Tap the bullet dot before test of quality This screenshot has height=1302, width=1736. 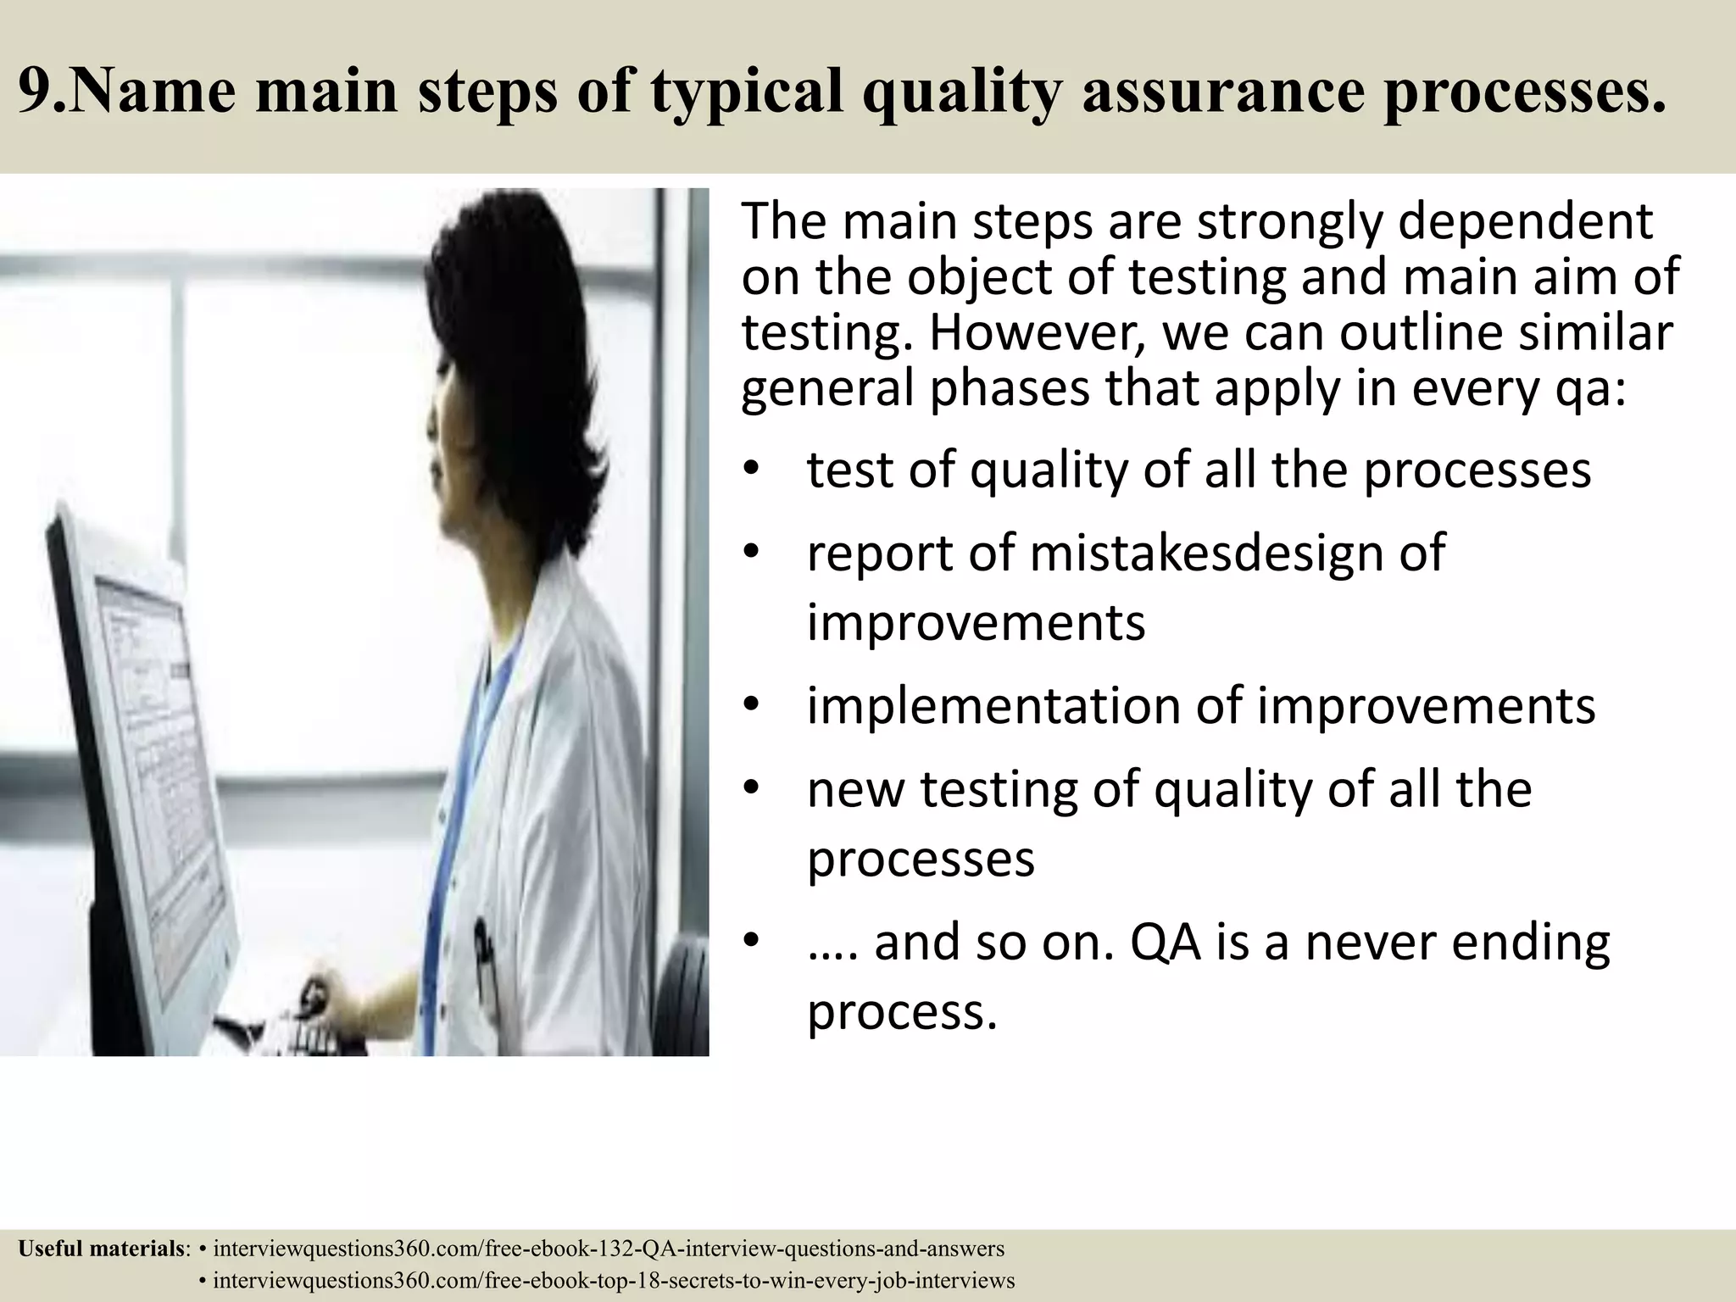pyautogui.click(x=750, y=471)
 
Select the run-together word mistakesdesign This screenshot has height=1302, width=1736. pyautogui.click(x=1204, y=554)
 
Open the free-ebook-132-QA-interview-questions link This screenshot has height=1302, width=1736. pyautogui.click(x=608, y=1249)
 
